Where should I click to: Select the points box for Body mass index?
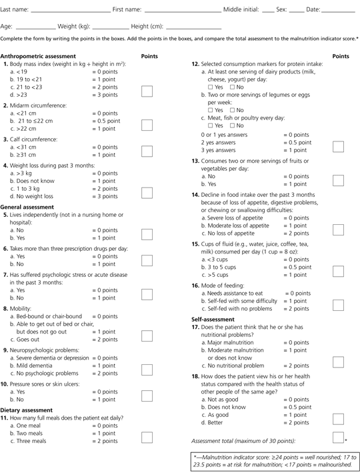[x=147, y=92]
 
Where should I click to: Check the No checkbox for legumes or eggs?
[x=233, y=110]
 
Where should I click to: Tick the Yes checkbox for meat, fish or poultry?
[x=211, y=125]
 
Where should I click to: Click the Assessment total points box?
[x=338, y=439]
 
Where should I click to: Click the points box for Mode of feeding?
[x=338, y=306]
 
